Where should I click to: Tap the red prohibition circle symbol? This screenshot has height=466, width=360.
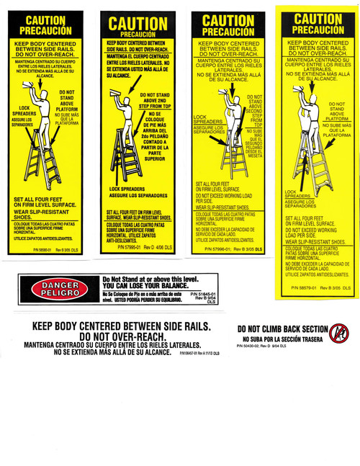pyautogui.click(x=338, y=333)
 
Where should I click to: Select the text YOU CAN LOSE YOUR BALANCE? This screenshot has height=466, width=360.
pyautogui.click(x=144, y=286)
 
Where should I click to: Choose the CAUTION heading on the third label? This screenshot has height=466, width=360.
pyautogui.click(x=227, y=21)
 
